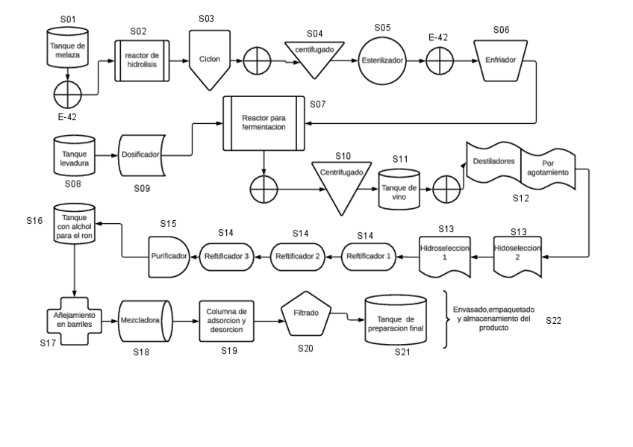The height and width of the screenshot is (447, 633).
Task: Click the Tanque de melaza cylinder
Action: point(68,49)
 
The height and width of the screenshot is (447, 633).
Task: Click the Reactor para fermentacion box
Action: point(264,122)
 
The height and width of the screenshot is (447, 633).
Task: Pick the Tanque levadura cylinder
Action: point(73,154)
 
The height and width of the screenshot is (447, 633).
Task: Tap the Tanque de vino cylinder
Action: point(399,186)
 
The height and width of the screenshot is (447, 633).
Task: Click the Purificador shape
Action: point(169,256)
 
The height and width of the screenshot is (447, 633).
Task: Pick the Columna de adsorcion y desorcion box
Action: point(228,321)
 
